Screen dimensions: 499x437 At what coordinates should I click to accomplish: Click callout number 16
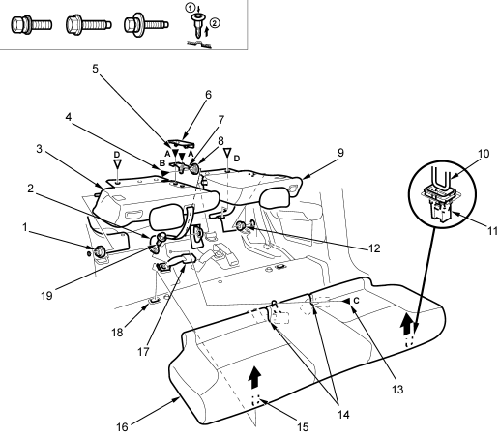click(x=122, y=427)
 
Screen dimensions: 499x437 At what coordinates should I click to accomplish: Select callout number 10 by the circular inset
click(x=484, y=154)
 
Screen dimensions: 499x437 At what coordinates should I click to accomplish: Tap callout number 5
click(x=95, y=69)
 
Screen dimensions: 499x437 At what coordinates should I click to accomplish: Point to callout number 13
click(x=397, y=390)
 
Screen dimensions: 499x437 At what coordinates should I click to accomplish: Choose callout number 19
click(x=46, y=296)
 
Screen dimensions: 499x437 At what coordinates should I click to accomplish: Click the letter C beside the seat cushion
click(x=356, y=301)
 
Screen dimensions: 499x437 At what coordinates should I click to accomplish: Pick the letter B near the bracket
click(x=162, y=163)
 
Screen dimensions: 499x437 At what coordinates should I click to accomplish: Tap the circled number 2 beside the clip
click(x=215, y=23)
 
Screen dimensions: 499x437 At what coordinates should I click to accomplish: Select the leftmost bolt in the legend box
click(x=31, y=24)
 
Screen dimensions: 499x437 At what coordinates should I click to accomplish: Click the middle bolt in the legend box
click(x=89, y=24)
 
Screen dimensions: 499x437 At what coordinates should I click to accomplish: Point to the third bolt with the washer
click(x=146, y=24)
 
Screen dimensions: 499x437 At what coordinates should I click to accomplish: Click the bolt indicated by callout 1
click(x=99, y=251)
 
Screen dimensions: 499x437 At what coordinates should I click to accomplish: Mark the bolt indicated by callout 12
click(x=241, y=226)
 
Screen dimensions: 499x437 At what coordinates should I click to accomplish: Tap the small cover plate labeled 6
click(x=181, y=144)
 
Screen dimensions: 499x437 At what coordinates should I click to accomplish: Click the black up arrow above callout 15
click(x=254, y=378)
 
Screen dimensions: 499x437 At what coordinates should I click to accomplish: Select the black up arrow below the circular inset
click(x=407, y=323)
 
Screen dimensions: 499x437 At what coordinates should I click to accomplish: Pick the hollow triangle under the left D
click(x=117, y=164)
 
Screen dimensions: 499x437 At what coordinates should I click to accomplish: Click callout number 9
click(x=340, y=153)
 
